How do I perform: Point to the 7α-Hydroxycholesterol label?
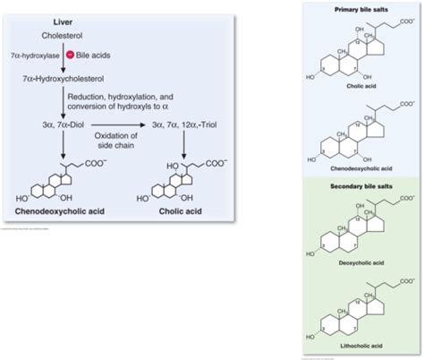coord(64,79)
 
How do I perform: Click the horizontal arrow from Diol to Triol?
coord(115,124)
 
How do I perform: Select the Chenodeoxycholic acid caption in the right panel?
coord(360,167)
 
